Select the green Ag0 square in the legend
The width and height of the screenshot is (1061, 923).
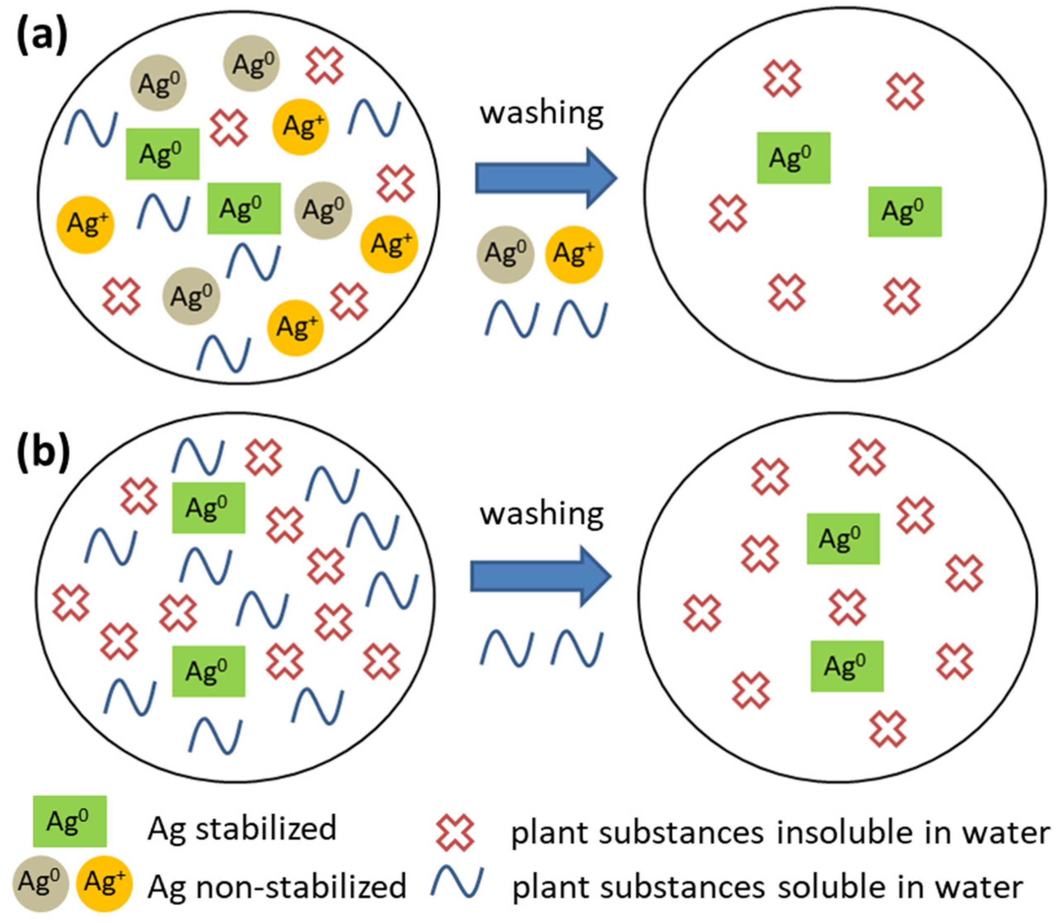pyautogui.click(x=70, y=821)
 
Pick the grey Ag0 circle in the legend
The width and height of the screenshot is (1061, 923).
pyautogui.click(x=41, y=883)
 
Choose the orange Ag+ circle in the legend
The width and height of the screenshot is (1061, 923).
pyautogui.click(x=104, y=883)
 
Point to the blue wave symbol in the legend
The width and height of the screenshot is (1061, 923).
pyautogui.click(x=457, y=883)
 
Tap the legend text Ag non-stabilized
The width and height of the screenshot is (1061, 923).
pyautogui.click(x=277, y=886)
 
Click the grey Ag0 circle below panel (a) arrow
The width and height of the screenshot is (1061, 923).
pyautogui.click(x=506, y=255)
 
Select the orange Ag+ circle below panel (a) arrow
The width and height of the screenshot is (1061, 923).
pyautogui.click(x=574, y=255)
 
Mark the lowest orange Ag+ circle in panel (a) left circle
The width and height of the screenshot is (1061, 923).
pyautogui.click(x=296, y=328)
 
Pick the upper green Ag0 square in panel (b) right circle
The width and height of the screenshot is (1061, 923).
pyautogui.click(x=843, y=539)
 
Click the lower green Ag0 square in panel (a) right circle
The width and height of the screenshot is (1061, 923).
pyautogui.click(x=904, y=212)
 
